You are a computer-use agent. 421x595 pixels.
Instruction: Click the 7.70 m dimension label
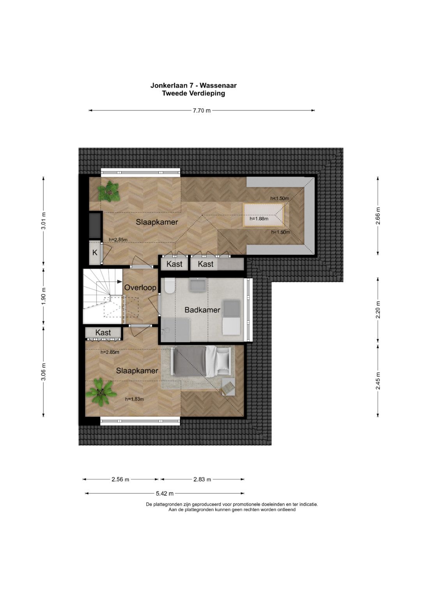point(202,111)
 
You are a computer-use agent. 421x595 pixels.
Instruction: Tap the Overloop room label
point(140,288)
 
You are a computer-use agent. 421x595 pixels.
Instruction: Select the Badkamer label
point(202,310)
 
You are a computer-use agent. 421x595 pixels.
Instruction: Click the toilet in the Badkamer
point(169,286)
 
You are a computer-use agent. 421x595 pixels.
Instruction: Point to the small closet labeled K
point(95,252)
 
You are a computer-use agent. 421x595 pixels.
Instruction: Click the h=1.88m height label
point(259,219)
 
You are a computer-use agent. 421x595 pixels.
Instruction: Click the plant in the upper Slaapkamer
point(108,191)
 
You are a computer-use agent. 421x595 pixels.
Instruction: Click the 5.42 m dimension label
point(165,494)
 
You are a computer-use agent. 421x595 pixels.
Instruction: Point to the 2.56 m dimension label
point(120,479)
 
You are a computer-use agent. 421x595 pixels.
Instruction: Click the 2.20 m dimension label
point(378,310)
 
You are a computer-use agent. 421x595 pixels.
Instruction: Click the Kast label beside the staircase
point(103,332)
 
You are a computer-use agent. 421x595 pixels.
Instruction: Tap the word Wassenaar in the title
point(218,86)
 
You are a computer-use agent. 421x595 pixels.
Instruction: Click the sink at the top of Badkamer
point(198,284)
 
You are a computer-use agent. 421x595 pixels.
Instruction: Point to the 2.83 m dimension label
point(202,479)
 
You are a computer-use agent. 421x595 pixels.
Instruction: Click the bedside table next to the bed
point(228,387)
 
